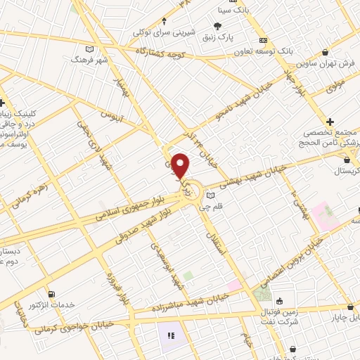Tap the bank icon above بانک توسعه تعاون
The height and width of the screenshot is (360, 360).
(x=264, y=40)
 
